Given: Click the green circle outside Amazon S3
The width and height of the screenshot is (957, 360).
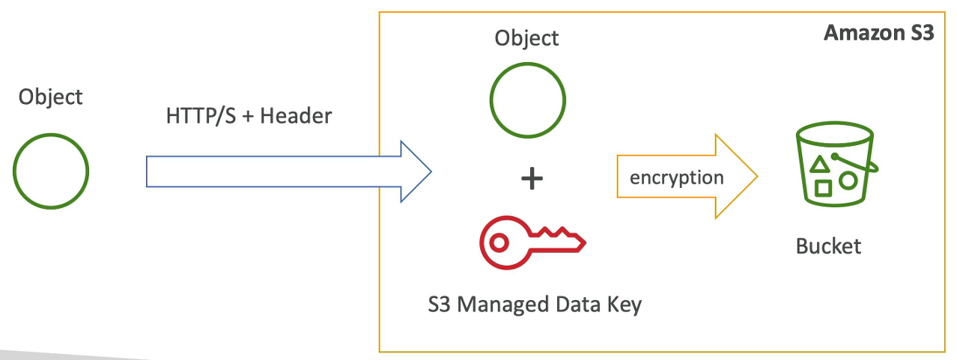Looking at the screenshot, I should [x=51, y=171].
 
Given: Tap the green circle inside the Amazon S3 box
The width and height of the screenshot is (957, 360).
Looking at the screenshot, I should [x=527, y=100].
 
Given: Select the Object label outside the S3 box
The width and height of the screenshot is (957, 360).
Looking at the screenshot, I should [x=51, y=97].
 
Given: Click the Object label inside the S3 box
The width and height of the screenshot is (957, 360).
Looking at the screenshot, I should [x=527, y=38].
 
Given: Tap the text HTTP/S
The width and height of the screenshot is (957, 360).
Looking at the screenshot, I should [x=196, y=116].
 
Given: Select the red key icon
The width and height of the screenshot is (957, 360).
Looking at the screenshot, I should [x=532, y=243].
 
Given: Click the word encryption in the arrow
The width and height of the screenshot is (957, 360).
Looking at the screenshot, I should [x=677, y=177].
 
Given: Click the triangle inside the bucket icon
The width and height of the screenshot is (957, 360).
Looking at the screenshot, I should [x=821, y=164].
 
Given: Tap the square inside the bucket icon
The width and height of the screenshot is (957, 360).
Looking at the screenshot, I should [x=824, y=187].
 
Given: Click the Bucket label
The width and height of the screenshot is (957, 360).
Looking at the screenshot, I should [x=829, y=245].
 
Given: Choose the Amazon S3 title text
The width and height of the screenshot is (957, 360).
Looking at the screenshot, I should [x=878, y=34].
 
